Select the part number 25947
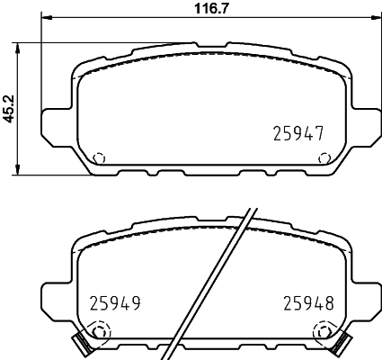(298, 135)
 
